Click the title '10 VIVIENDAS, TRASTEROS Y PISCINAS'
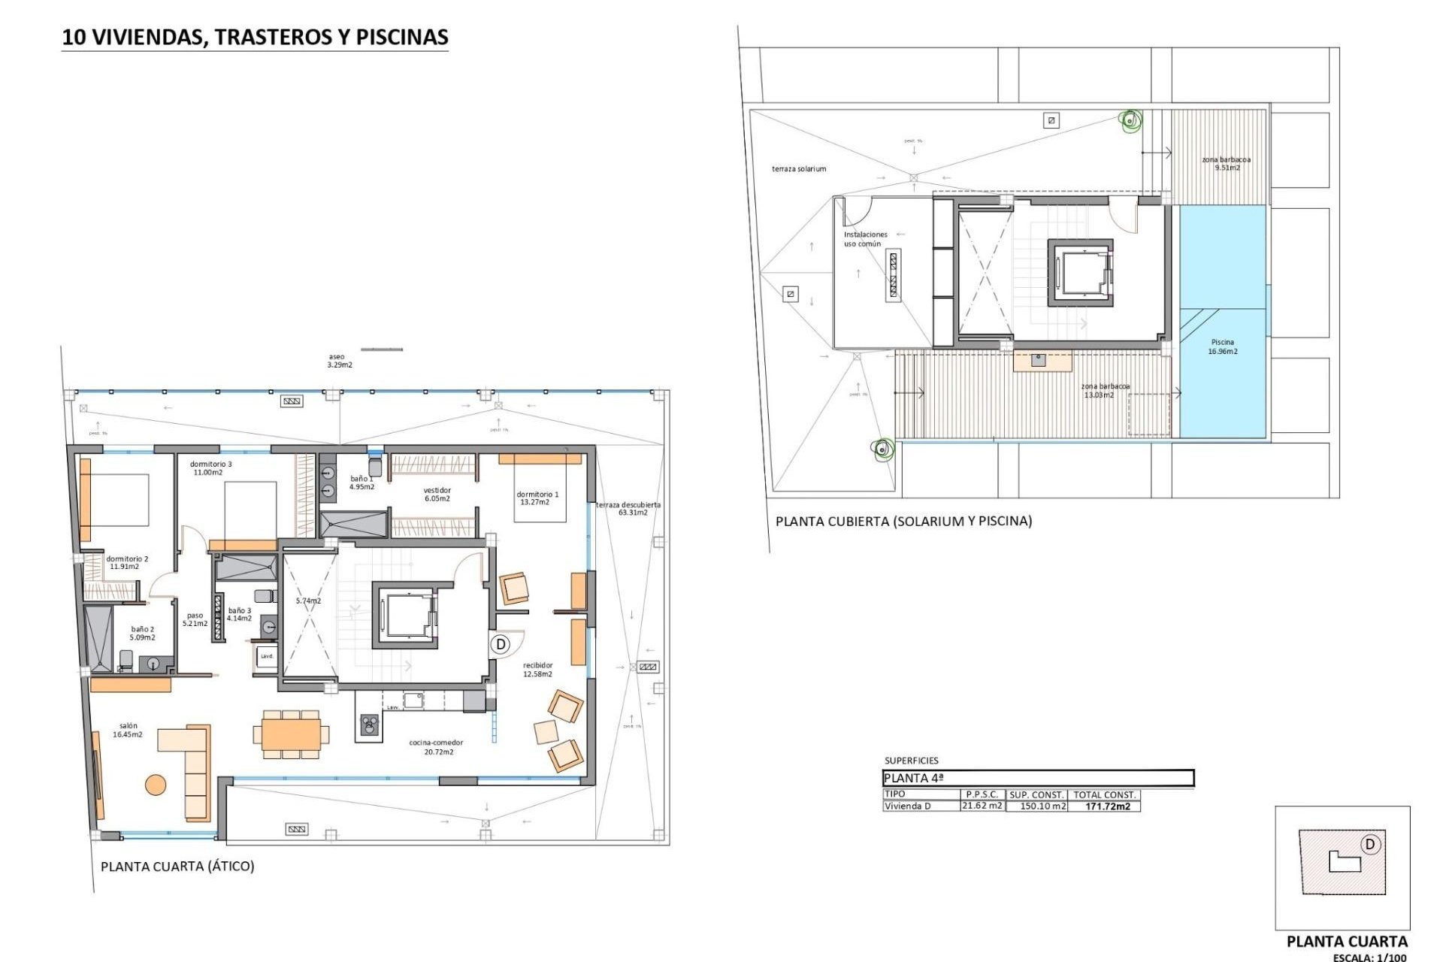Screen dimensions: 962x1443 click(x=255, y=37)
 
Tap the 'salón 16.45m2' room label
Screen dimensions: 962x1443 click(x=128, y=731)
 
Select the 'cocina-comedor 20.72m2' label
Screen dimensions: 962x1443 click(x=436, y=747)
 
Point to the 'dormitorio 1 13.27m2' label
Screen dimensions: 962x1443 click(x=537, y=498)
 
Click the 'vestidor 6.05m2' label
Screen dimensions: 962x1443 click(x=437, y=495)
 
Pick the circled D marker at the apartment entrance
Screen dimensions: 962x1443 click(x=501, y=644)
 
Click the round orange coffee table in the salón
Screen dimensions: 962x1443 click(x=156, y=785)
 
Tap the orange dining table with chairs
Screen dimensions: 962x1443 click(x=291, y=732)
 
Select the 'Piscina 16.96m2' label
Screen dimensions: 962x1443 click(x=1223, y=346)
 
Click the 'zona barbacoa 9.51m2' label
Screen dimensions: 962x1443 click(x=1227, y=163)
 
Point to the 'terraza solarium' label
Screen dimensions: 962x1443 click(x=799, y=169)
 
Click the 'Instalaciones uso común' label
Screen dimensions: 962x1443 click(x=865, y=239)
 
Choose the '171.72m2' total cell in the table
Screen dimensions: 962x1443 click(x=1107, y=806)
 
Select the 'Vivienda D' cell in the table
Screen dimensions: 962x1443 click(x=907, y=806)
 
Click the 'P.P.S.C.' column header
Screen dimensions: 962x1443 click(x=982, y=794)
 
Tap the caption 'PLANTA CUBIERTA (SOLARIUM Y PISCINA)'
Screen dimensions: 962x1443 click(x=903, y=521)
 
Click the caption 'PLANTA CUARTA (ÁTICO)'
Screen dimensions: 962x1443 click(x=177, y=867)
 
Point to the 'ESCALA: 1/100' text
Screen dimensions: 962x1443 click(x=1369, y=957)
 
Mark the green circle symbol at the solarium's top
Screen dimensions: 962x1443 click(x=1130, y=119)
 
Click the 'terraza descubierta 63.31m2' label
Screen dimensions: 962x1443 click(x=628, y=509)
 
